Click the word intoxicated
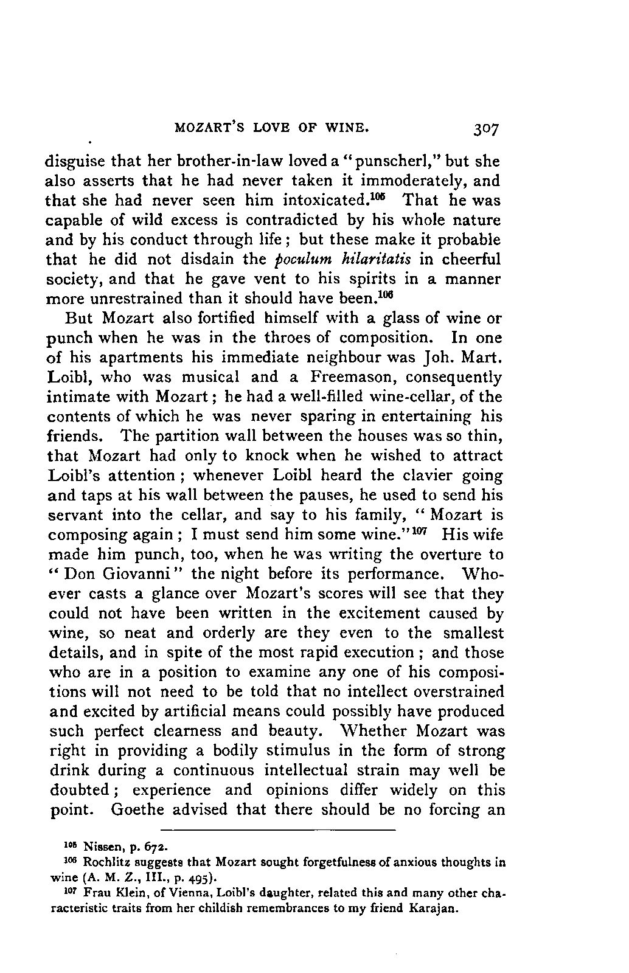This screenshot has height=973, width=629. pos(322,201)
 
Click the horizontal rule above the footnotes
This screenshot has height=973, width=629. pos(278,829)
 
